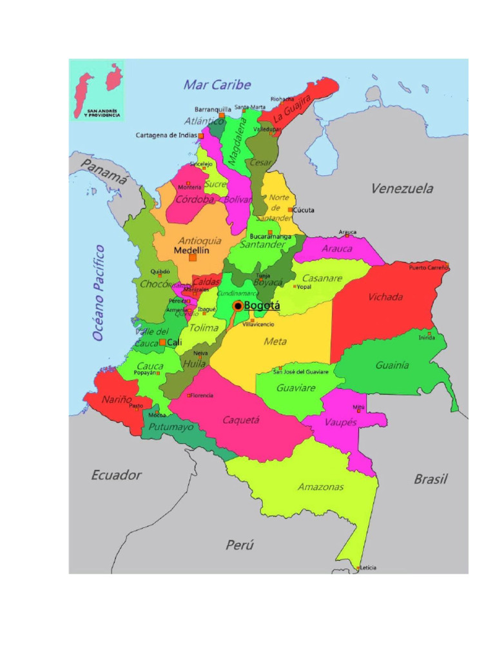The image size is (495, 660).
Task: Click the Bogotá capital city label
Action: [x=262, y=306]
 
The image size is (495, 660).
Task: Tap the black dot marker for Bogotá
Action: [x=238, y=306]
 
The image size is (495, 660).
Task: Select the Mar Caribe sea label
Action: [x=217, y=84]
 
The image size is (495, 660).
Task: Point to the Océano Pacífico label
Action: [x=98, y=293]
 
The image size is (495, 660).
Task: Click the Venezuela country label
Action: [x=402, y=189]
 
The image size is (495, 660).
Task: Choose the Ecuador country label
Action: [x=116, y=475]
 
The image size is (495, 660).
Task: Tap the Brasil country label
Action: [x=430, y=479]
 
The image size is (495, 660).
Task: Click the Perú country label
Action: [x=239, y=545]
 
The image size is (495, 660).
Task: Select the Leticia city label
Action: [x=369, y=567]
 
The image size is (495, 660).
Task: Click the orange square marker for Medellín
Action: [x=192, y=257]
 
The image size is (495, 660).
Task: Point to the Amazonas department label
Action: [x=320, y=487]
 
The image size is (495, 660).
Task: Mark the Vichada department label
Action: [x=385, y=297]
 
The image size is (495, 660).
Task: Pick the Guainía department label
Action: [x=392, y=365]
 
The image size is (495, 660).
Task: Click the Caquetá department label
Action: [x=240, y=420]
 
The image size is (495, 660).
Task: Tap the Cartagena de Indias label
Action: [x=166, y=135]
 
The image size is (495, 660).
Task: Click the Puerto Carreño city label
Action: [x=428, y=267]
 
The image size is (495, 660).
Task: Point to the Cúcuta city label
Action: [x=303, y=210]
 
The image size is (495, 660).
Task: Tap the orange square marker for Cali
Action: [x=162, y=343]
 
